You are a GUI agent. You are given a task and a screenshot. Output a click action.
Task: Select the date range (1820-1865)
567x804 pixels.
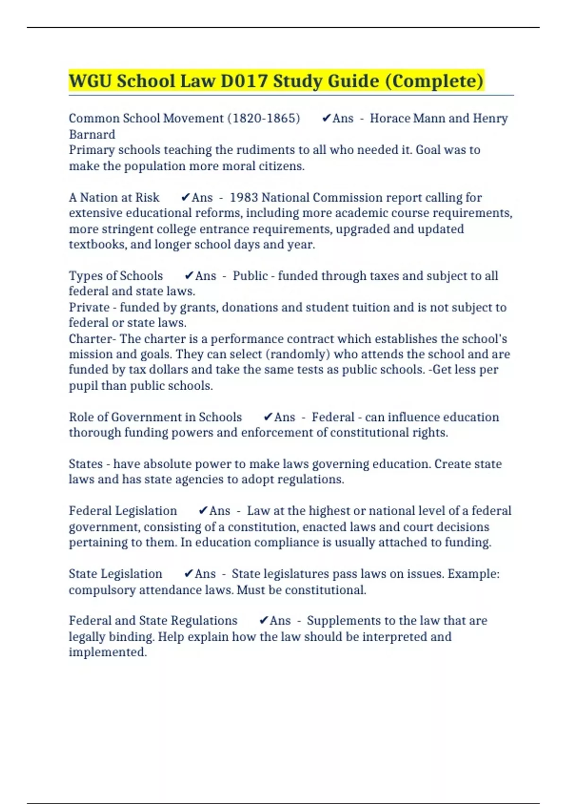tap(264, 118)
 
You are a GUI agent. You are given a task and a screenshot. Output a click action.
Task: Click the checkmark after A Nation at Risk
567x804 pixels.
tap(186, 197)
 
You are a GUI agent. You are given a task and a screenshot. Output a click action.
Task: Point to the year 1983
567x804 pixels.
tap(244, 197)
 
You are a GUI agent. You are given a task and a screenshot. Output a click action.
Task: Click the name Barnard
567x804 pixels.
tap(92, 134)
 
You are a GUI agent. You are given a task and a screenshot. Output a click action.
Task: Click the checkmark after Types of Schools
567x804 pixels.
tap(189, 276)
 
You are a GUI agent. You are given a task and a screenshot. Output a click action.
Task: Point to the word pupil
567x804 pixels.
tap(84, 386)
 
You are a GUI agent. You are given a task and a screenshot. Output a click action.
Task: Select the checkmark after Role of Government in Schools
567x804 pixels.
tap(268, 417)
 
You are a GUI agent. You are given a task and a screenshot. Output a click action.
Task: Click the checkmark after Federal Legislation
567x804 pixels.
tap(203, 511)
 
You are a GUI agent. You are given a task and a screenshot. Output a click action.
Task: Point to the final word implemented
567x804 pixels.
tap(108, 652)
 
